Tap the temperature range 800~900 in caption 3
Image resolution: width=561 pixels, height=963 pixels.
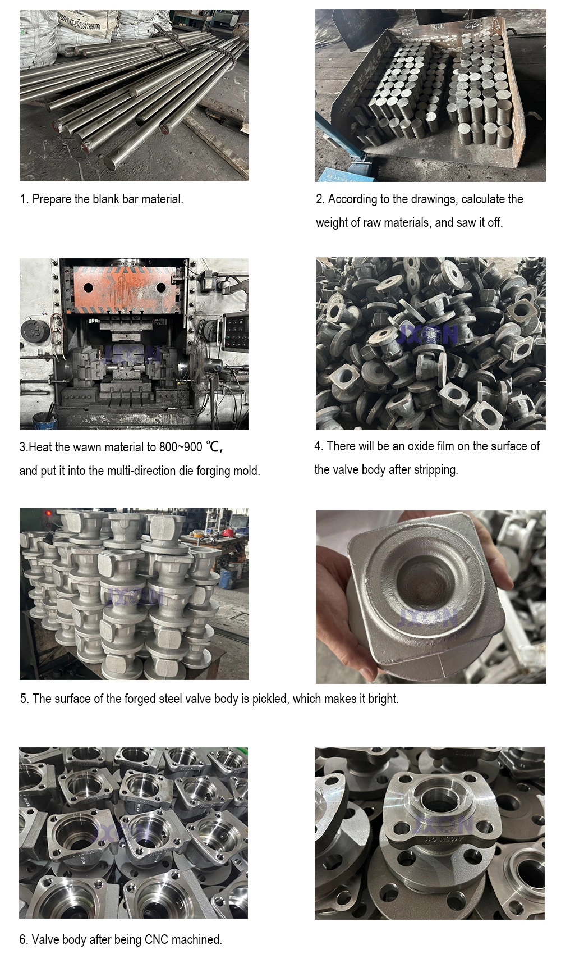(181, 448)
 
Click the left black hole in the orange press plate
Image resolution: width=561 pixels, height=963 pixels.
(88, 287)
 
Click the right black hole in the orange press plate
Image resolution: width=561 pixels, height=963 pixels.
(161, 287)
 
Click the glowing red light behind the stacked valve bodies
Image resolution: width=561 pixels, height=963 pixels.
(49, 513)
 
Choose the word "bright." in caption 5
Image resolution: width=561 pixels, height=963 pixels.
(383, 699)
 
